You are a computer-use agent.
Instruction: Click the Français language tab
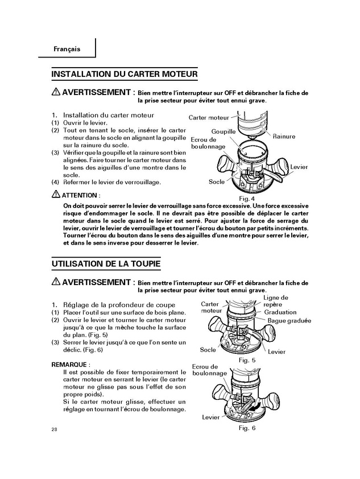(67, 49)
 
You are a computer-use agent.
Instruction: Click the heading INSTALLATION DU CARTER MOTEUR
(125, 74)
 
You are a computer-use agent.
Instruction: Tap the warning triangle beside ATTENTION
(55, 195)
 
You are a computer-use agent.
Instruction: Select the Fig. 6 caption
(247, 428)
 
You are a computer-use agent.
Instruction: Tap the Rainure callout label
(284, 137)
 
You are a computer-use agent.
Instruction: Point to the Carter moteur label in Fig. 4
(208, 118)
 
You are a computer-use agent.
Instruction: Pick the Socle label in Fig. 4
(216, 182)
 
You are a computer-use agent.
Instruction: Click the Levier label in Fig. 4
(299, 167)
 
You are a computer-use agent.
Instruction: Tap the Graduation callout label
(280, 312)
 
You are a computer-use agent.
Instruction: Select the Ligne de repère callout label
(276, 301)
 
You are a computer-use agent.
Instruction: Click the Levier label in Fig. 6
(210, 417)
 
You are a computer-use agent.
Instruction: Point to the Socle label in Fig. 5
(208, 350)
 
